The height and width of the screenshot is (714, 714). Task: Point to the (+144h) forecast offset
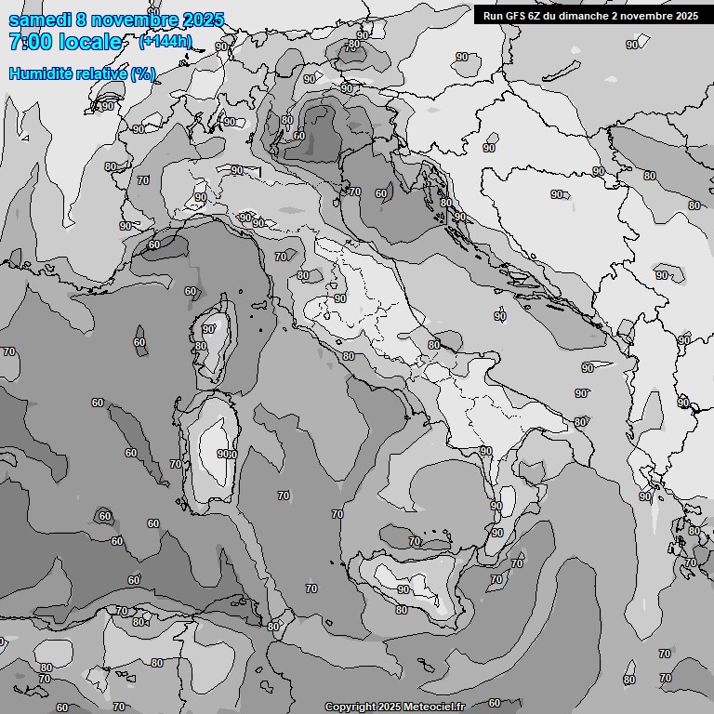click(165, 42)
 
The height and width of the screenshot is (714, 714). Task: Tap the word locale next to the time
click(89, 43)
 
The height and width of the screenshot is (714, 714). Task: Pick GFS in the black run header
click(517, 16)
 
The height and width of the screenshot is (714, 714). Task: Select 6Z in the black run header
click(540, 16)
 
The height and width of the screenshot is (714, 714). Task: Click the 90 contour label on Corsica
click(209, 328)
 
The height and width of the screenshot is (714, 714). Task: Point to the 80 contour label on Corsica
click(201, 346)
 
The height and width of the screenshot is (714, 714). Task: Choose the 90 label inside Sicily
click(403, 589)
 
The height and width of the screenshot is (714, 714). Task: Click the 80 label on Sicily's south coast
click(402, 610)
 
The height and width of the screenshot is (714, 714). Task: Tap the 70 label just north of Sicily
click(415, 541)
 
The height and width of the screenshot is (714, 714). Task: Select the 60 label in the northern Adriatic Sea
click(381, 193)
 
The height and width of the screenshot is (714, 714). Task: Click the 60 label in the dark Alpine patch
click(298, 136)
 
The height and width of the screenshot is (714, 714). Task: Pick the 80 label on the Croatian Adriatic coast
click(446, 203)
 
